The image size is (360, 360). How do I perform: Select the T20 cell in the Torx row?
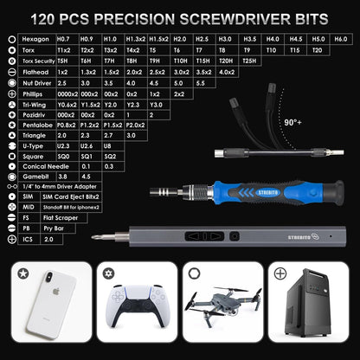[x=316, y=51]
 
